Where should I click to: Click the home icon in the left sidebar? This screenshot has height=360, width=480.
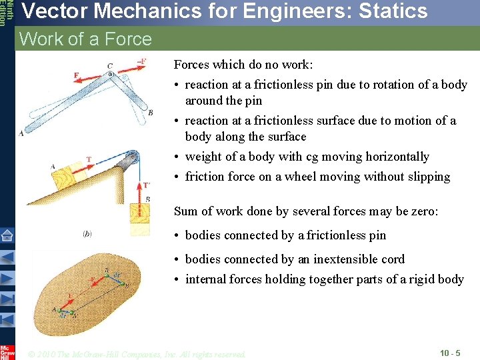pos(7,235)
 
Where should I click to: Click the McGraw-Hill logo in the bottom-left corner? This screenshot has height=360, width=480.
pos(7,351)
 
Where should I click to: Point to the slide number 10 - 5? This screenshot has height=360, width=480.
pos(450,352)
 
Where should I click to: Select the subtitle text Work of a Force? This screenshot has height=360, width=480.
pos(85,39)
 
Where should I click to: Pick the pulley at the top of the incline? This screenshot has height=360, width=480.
pos(134,158)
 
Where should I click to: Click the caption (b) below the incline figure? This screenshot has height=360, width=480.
pos(87,233)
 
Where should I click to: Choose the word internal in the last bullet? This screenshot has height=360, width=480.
pos(206,279)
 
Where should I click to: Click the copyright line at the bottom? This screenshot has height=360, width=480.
pos(136,353)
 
